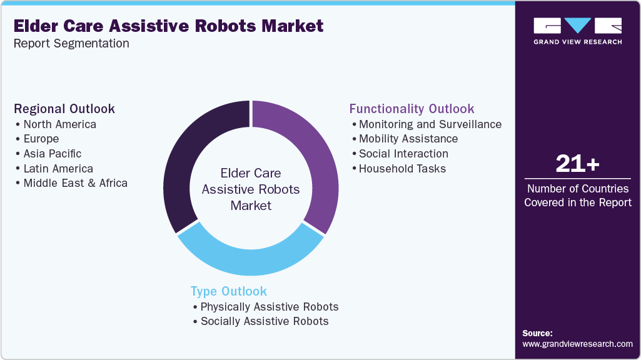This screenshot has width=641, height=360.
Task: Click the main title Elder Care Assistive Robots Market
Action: pos(168,26)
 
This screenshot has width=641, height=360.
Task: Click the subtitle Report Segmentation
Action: pos(71,44)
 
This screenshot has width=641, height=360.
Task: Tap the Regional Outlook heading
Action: pos(64,109)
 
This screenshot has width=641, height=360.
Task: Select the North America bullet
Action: pos(59,124)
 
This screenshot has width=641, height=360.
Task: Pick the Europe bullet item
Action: pos(41,139)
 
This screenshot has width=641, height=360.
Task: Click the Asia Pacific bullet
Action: pos(52,154)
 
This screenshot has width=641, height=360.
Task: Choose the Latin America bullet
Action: pos(58,169)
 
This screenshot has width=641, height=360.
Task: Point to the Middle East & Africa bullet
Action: pos(75,183)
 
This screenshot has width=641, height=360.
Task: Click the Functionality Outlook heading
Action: pos(411,109)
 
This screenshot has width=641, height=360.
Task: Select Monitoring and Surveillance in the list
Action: pos(430,124)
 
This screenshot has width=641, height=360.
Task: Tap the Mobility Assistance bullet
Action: pos(408,139)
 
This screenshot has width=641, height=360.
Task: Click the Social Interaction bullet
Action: pos(403,154)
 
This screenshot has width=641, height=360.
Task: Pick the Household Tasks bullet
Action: pos(402,169)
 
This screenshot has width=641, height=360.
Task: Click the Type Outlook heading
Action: pos(228,291)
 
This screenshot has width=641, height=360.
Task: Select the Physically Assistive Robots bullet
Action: pos(269,307)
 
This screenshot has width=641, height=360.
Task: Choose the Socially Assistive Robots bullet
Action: pos(264,321)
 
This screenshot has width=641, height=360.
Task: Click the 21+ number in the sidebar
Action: pos(577,164)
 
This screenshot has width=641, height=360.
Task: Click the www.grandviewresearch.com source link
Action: pos(577,344)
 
